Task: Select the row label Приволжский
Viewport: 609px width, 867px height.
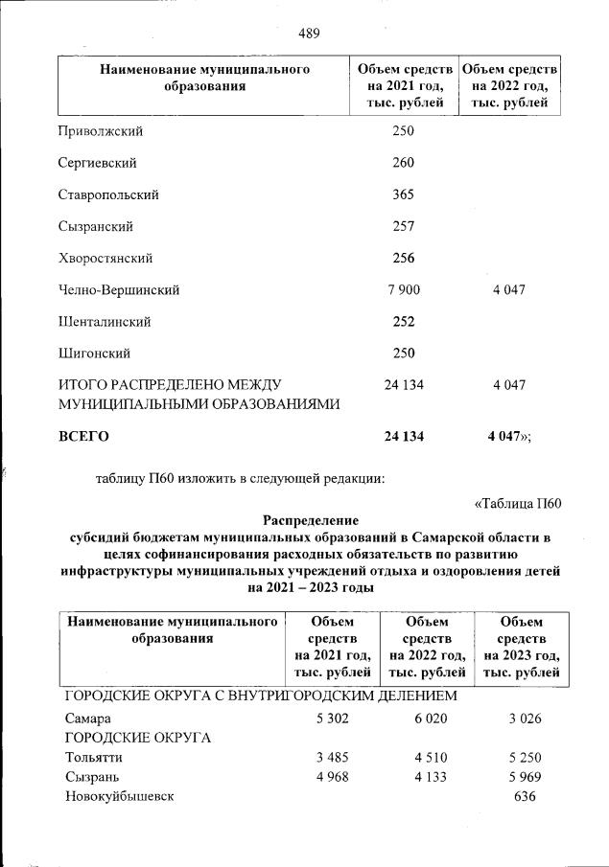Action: coord(99,130)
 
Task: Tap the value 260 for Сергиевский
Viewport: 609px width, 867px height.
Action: coord(403,163)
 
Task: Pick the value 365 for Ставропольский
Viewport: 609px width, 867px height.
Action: coord(403,194)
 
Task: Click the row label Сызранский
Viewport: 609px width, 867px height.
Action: coord(95,226)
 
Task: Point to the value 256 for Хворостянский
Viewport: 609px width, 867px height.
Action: coord(403,258)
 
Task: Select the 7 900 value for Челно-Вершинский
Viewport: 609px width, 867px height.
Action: coord(403,289)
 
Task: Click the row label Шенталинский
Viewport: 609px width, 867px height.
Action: coord(105,322)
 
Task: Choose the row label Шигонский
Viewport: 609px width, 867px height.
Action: coord(94,354)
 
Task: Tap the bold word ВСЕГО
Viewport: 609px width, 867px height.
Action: coord(84,436)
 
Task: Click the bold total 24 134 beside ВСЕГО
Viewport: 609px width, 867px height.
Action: coord(403,436)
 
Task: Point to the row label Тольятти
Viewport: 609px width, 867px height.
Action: coord(93,757)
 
